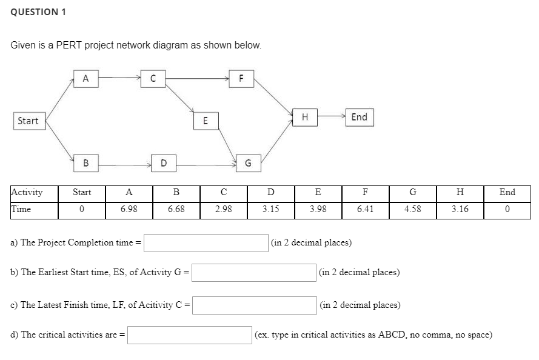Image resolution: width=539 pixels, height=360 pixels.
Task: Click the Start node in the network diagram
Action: point(28,121)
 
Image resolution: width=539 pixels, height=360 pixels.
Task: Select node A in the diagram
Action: point(85,78)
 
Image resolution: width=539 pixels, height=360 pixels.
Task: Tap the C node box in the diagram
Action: point(153,78)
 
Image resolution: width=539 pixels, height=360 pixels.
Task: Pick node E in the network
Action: point(206,121)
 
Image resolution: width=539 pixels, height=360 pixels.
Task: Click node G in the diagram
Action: point(248,162)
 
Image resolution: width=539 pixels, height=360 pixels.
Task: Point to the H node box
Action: point(305,117)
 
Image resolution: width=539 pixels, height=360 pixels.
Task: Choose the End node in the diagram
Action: point(359,117)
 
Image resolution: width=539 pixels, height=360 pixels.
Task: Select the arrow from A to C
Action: point(119,78)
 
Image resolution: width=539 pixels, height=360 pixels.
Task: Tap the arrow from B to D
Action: point(125,162)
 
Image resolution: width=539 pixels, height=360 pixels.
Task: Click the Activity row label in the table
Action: point(27,193)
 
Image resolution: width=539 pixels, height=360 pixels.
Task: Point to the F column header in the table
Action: point(365,193)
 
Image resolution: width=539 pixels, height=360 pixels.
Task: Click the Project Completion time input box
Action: point(206,242)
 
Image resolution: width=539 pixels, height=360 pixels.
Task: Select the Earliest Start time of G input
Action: point(253,272)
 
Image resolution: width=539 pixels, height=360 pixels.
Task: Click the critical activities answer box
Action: point(190,335)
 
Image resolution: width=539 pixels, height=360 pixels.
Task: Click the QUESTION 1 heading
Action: point(39,12)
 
